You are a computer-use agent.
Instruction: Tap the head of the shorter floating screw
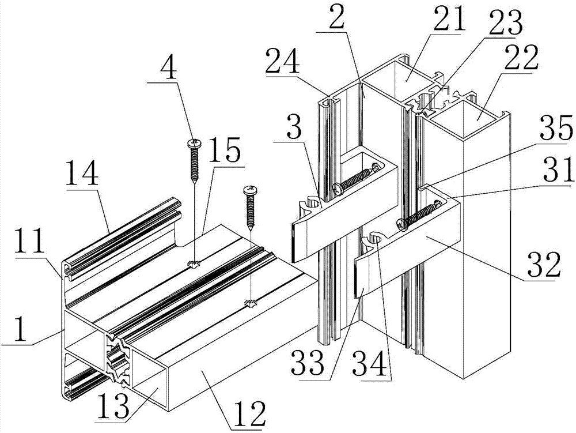251,189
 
